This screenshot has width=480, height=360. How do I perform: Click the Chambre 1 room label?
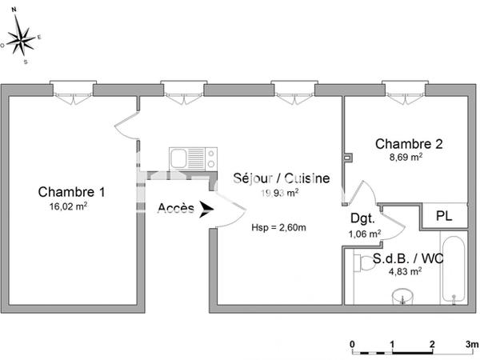[71, 192]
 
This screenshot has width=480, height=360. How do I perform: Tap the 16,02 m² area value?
[68, 206]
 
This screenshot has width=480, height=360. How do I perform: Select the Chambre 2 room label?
[409, 144]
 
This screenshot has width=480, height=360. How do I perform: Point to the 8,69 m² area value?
[405, 158]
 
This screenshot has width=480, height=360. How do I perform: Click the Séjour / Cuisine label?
[280, 178]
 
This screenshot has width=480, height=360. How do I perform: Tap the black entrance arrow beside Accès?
[206, 210]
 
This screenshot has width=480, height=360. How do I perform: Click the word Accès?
[175, 209]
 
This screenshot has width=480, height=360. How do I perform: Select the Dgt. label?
[362, 218]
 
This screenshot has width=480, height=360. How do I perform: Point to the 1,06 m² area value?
[365, 234]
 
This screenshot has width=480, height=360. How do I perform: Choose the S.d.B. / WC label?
[408, 259]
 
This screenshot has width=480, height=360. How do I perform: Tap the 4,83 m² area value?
[405, 272]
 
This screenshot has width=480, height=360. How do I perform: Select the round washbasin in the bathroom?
[402, 297]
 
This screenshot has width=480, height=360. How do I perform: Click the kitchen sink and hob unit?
[192, 157]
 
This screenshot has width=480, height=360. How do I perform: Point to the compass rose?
[24, 38]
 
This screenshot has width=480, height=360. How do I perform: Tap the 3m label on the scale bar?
[472, 345]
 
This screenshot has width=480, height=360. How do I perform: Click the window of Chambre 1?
[72, 86]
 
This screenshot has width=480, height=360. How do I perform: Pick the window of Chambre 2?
[405, 86]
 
